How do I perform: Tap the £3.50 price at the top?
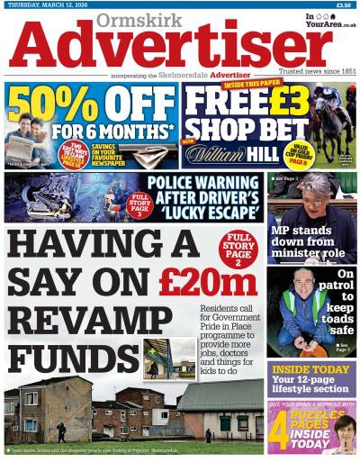pos(343,4)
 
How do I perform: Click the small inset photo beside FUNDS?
pos(168,358)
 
